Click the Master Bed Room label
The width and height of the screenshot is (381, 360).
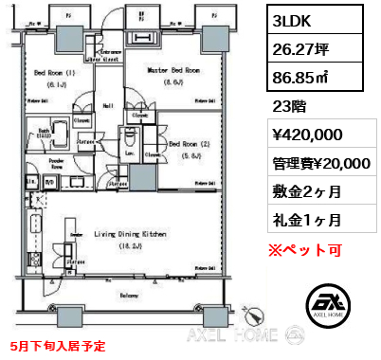point(172,69)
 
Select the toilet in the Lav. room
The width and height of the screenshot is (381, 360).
point(131,135)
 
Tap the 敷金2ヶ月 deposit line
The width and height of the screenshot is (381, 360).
point(303,190)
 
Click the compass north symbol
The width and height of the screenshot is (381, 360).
point(248,314)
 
